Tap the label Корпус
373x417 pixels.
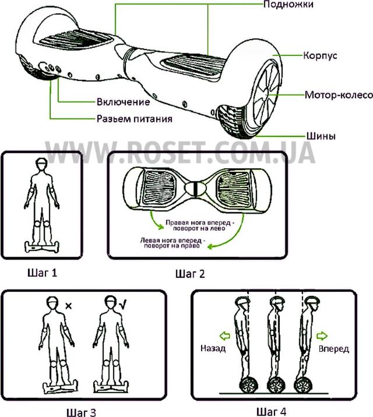tap(321, 56)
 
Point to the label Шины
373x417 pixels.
tap(319, 136)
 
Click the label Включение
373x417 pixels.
tap(123, 102)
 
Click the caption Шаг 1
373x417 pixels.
tap(43, 272)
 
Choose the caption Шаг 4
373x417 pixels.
tap(270, 411)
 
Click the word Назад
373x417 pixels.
tap(212, 349)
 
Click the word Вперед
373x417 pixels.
tap(334, 349)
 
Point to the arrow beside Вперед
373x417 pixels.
tap(324, 335)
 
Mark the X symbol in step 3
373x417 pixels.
tap(68, 305)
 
